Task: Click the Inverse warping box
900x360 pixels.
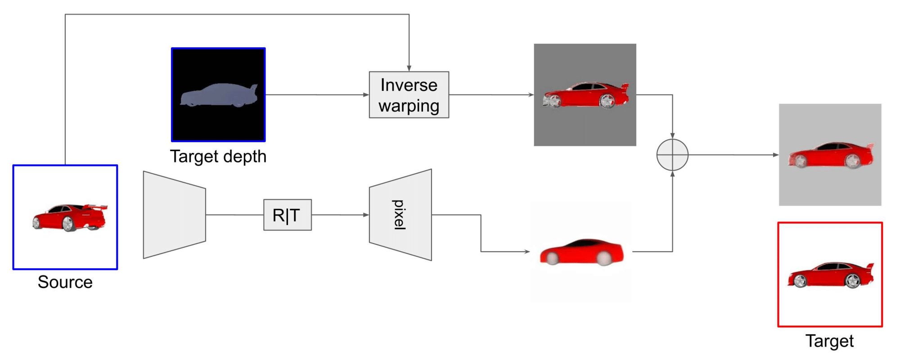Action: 409,95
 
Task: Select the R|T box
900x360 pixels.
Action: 287,215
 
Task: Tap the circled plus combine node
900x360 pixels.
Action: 672,155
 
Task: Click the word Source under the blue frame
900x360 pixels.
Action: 65,282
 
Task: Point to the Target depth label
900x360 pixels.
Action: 218,157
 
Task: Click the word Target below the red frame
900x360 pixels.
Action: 829,341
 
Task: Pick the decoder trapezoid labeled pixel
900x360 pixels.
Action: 400,215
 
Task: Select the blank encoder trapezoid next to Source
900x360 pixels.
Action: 174,215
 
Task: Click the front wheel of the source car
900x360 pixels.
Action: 68,224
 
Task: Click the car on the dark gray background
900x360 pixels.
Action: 585,95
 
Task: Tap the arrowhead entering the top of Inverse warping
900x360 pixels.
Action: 409,68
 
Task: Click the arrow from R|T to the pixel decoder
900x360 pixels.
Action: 340,215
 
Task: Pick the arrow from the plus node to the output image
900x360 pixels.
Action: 733,155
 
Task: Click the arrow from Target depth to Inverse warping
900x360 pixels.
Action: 317,95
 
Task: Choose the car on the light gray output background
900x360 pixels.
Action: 830,155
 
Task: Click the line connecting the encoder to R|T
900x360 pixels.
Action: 234,215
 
